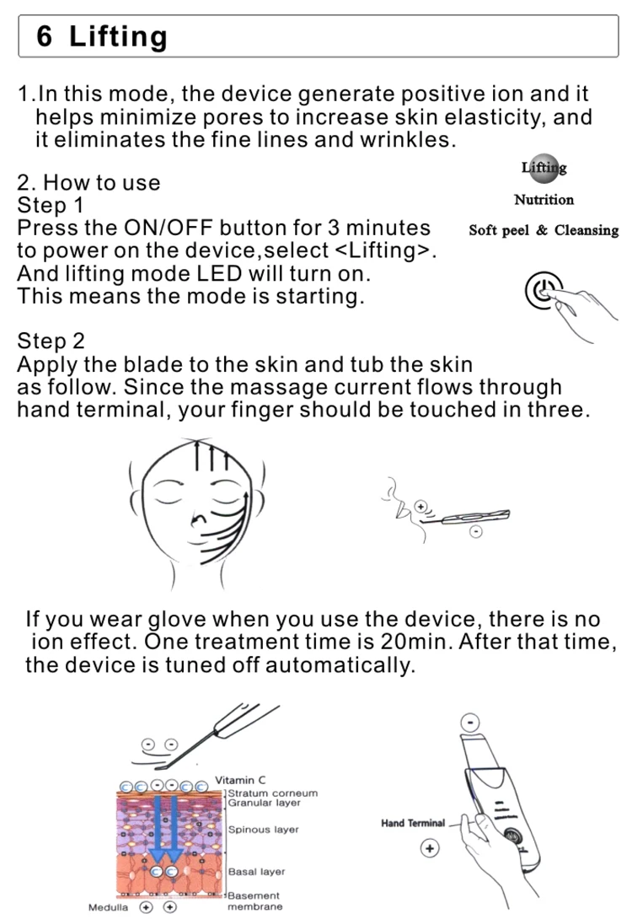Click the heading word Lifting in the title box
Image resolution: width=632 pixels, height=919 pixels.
[118, 36]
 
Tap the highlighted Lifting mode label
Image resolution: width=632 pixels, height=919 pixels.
[544, 168]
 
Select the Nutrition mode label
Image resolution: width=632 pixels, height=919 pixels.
[544, 200]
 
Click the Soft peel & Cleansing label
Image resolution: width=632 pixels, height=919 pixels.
[544, 229]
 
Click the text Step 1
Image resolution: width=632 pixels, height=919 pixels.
[51, 205]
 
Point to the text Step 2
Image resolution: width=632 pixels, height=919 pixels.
[51, 341]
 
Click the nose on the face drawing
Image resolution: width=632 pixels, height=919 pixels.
[199, 519]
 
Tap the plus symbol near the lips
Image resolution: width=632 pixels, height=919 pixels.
[420, 506]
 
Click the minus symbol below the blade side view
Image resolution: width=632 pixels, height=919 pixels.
[476, 532]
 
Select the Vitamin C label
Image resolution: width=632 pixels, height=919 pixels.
[240, 780]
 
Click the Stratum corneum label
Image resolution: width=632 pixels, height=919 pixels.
[273, 793]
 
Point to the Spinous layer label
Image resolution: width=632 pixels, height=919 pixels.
[264, 830]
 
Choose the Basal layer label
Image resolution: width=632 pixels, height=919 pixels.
[256, 872]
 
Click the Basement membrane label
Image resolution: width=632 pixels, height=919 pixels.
[254, 900]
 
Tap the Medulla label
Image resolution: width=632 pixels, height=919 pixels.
[108, 907]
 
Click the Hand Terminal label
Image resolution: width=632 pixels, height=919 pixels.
[413, 823]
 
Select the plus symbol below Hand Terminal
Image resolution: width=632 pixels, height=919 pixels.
[430, 848]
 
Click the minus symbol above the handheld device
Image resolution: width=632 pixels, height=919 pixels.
[469, 723]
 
